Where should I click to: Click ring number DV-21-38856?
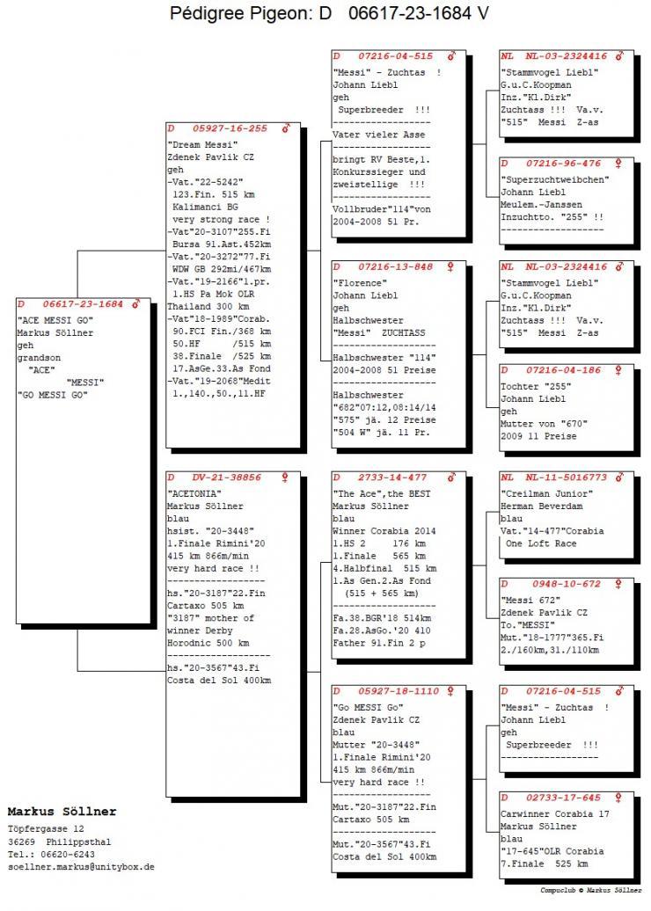(227, 477)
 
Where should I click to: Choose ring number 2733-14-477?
(392, 477)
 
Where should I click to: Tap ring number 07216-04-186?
(564, 370)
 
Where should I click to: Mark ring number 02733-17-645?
(564, 798)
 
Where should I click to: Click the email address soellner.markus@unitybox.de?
(81, 866)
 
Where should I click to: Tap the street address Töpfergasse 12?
(46, 828)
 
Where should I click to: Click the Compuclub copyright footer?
(592, 890)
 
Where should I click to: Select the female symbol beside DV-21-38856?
(284, 477)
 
